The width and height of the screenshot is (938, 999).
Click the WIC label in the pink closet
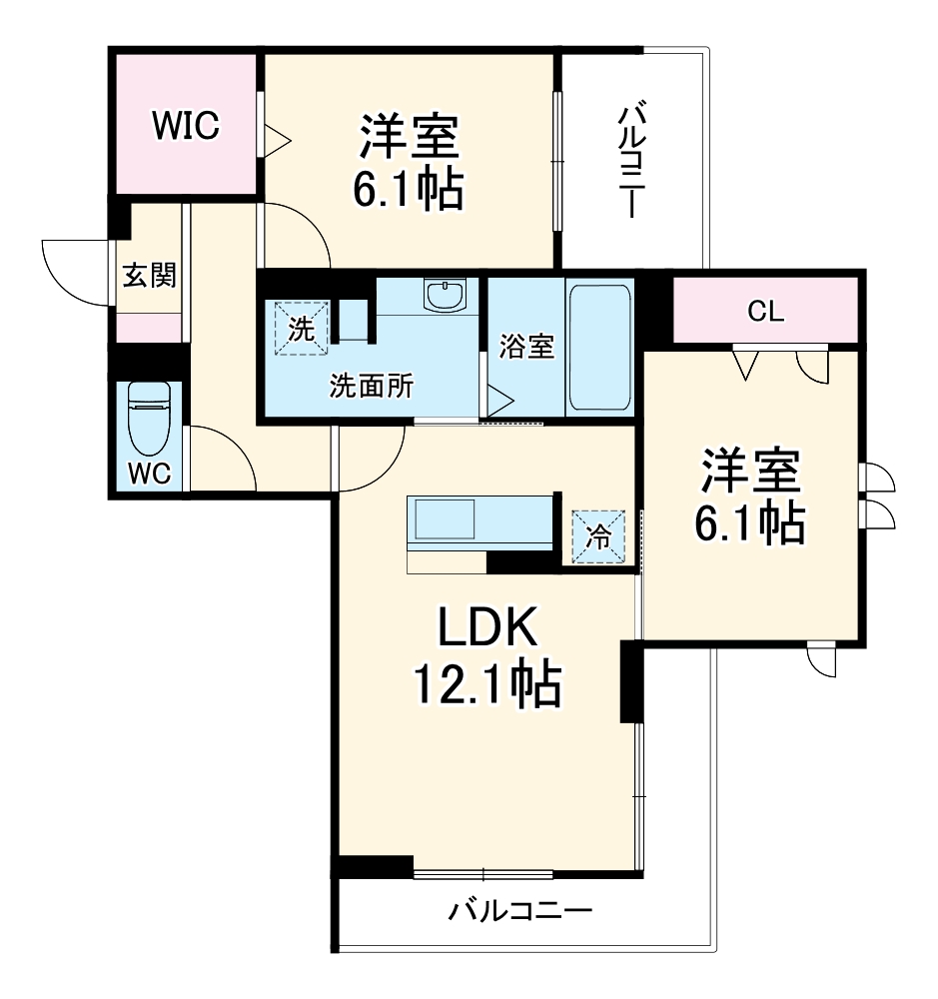click(185, 127)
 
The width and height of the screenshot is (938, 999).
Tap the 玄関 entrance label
click(149, 275)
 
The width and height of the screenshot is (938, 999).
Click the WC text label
click(149, 473)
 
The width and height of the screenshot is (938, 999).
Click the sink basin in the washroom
click(443, 295)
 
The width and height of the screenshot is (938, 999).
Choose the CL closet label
click(767, 311)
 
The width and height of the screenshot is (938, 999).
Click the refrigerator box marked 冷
click(598, 536)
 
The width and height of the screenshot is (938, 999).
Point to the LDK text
click(486, 629)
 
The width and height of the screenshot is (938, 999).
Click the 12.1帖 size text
click(486, 684)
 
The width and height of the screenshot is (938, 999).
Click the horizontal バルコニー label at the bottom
click(520, 910)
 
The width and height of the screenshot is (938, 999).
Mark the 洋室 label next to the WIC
click(410, 137)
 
